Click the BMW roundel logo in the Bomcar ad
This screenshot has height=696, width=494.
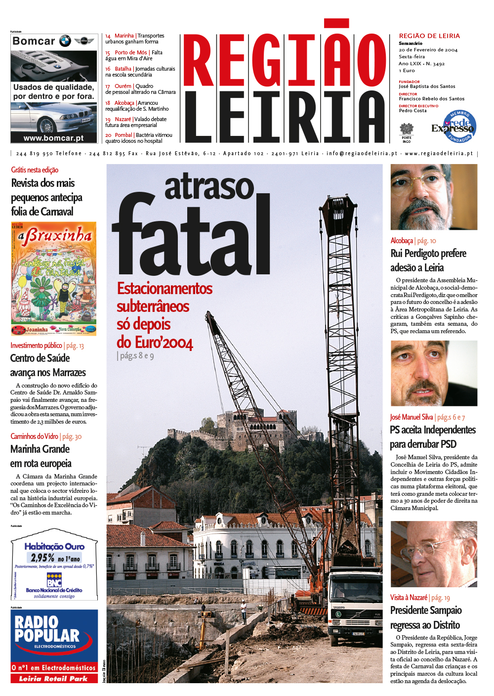[x=65, y=41]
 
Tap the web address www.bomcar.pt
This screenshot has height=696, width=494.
[x=54, y=138]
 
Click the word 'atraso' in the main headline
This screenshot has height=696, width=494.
[x=209, y=187]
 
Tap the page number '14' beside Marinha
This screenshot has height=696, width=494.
[x=108, y=36]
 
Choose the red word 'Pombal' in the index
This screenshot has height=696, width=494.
[x=123, y=135]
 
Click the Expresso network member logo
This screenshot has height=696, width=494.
[x=454, y=127]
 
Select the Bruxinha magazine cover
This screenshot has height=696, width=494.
[x=54, y=279]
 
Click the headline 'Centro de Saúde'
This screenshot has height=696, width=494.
[x=40, y=358]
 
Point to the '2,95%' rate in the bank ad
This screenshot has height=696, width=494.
[x=43, y=558]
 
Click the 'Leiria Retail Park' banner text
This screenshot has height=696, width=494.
[x=53, y=679]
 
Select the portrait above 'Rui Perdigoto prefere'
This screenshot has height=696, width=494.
[x=434, y=197]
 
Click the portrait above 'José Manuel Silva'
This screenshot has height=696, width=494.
[x=434, y=373]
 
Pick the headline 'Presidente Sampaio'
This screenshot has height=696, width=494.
[x=426, y=610]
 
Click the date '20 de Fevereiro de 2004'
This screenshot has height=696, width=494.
[x=428, y=50]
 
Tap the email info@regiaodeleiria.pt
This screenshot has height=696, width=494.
[x=362, y=154]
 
